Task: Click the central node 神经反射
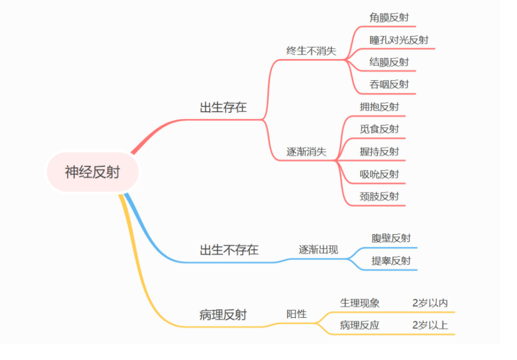tap(92, 171)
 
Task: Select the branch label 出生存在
tap(223, 107)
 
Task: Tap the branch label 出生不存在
tap(229, 250)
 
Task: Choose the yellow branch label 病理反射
tap(223, 315)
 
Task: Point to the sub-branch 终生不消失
tap(311, 51)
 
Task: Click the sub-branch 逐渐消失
tap(306, 152)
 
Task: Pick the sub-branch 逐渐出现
tap(318, 250)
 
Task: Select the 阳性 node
tap(296, 314)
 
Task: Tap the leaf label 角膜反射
tap(389, 17)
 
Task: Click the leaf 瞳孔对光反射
tap(399, 40)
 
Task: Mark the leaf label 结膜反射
tap(389, 62)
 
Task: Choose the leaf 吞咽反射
tap(389, 85)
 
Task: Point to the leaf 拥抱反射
tap(379, 107)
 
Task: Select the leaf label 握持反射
tap(379, 152)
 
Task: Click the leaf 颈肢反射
tap(379, 196)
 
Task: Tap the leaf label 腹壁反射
tap(391, 238)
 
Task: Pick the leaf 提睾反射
tap(391, 261)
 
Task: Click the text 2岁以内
tap(430, 303)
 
